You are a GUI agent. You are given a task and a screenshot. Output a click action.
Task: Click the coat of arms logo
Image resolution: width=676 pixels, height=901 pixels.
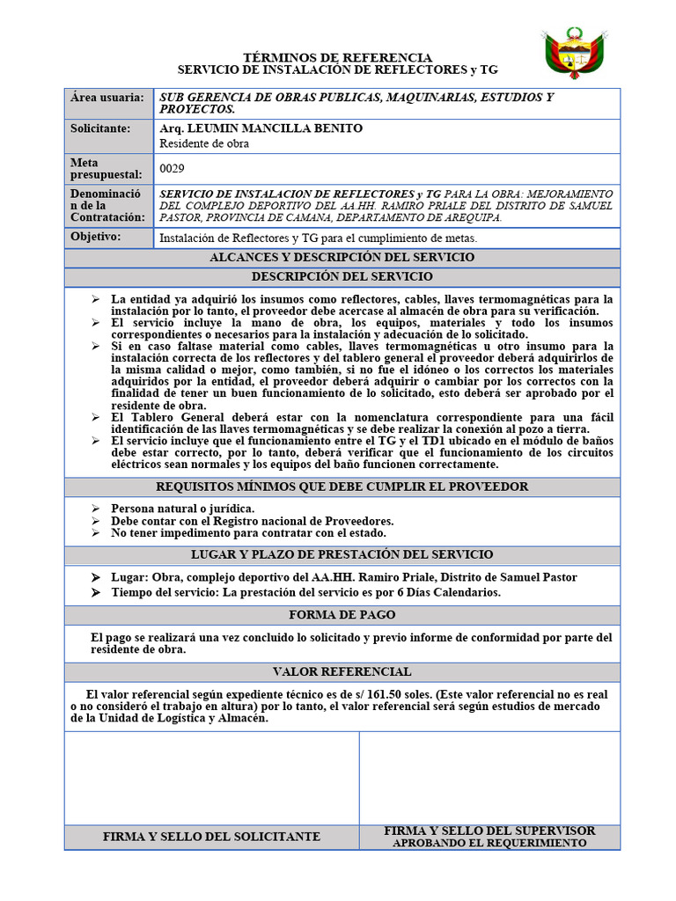(x=575, y=52)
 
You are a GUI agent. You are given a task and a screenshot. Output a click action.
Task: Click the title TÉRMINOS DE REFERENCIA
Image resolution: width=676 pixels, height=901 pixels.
(x=337, y=56)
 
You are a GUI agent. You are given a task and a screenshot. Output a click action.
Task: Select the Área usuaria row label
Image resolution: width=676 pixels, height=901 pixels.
(x=100, y=98)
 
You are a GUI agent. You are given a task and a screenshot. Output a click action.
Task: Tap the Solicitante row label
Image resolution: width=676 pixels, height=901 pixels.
(x=100, y=128)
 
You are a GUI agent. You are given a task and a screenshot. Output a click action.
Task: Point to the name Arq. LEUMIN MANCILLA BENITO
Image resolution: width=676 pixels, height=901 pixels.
(x=261, y=128)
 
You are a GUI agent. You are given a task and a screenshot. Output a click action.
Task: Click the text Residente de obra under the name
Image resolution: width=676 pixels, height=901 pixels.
(x=204, y=143)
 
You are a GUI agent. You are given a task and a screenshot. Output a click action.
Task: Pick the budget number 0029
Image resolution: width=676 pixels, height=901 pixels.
(x=173, y=168)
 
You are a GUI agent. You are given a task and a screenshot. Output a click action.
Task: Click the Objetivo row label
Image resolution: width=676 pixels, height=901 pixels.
(x=96, y=237)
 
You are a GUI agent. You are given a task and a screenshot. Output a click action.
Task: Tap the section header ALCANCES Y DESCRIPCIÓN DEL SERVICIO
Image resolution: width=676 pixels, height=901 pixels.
(x=342, y=257)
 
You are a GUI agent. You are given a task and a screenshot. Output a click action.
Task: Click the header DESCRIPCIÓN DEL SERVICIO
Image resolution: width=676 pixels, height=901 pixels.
(x=342, y=276)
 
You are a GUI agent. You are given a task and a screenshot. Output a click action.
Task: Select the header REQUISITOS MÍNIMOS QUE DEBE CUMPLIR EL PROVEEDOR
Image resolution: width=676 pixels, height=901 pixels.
(x=342, y=487)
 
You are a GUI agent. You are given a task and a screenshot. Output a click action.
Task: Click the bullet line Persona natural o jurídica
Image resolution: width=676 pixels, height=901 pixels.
(x=183, y=509)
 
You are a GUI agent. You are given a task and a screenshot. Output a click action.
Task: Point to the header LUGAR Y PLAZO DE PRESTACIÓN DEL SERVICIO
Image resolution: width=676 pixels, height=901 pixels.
(x=342, y=554)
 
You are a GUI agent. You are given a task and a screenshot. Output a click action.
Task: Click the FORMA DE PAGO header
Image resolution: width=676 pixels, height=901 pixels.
(x=342, y=615)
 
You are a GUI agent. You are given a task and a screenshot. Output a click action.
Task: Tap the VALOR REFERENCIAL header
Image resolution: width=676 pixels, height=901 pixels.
(x=342, y=671)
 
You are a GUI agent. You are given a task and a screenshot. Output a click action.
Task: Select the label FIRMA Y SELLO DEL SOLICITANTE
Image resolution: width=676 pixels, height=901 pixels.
(x=211, y=837)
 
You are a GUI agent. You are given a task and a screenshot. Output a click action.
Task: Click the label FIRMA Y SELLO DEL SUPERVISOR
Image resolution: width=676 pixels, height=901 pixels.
(x=489, y=831)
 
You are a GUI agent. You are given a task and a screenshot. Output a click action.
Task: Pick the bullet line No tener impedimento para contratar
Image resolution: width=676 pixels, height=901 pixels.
(x=248, y=532)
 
